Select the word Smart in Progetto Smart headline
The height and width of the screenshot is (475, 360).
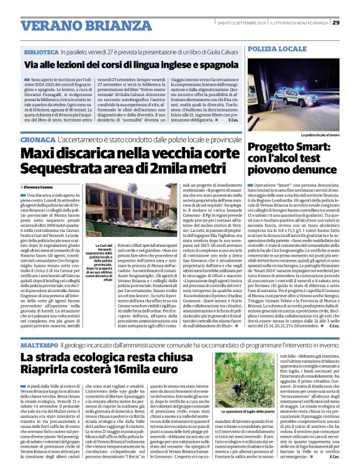pos(305,146)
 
